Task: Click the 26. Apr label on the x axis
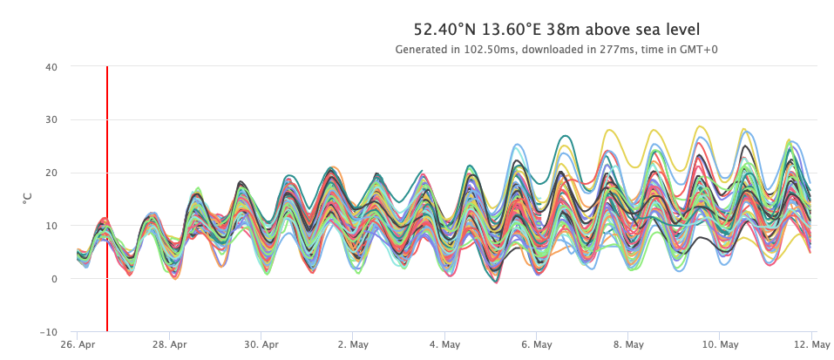click(77, 344)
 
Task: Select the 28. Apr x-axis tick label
click(169, 344)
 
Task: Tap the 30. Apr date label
click(261, 344)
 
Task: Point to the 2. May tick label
click(353, 344)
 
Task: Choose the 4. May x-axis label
click(444, 344)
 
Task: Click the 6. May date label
click(536, 344)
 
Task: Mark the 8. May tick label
click(628, 344)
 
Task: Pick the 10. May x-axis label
click(719, 344)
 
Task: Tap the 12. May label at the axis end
click(810, 344)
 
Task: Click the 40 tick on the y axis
click(51, 66)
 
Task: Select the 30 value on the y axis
click(51, 119)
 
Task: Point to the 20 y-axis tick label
click(51, 173)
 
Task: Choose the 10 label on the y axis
click(51, 226)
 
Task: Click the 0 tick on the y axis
click(54, 279)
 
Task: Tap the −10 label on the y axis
click(48, 332)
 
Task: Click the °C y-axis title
click(27, 199)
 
